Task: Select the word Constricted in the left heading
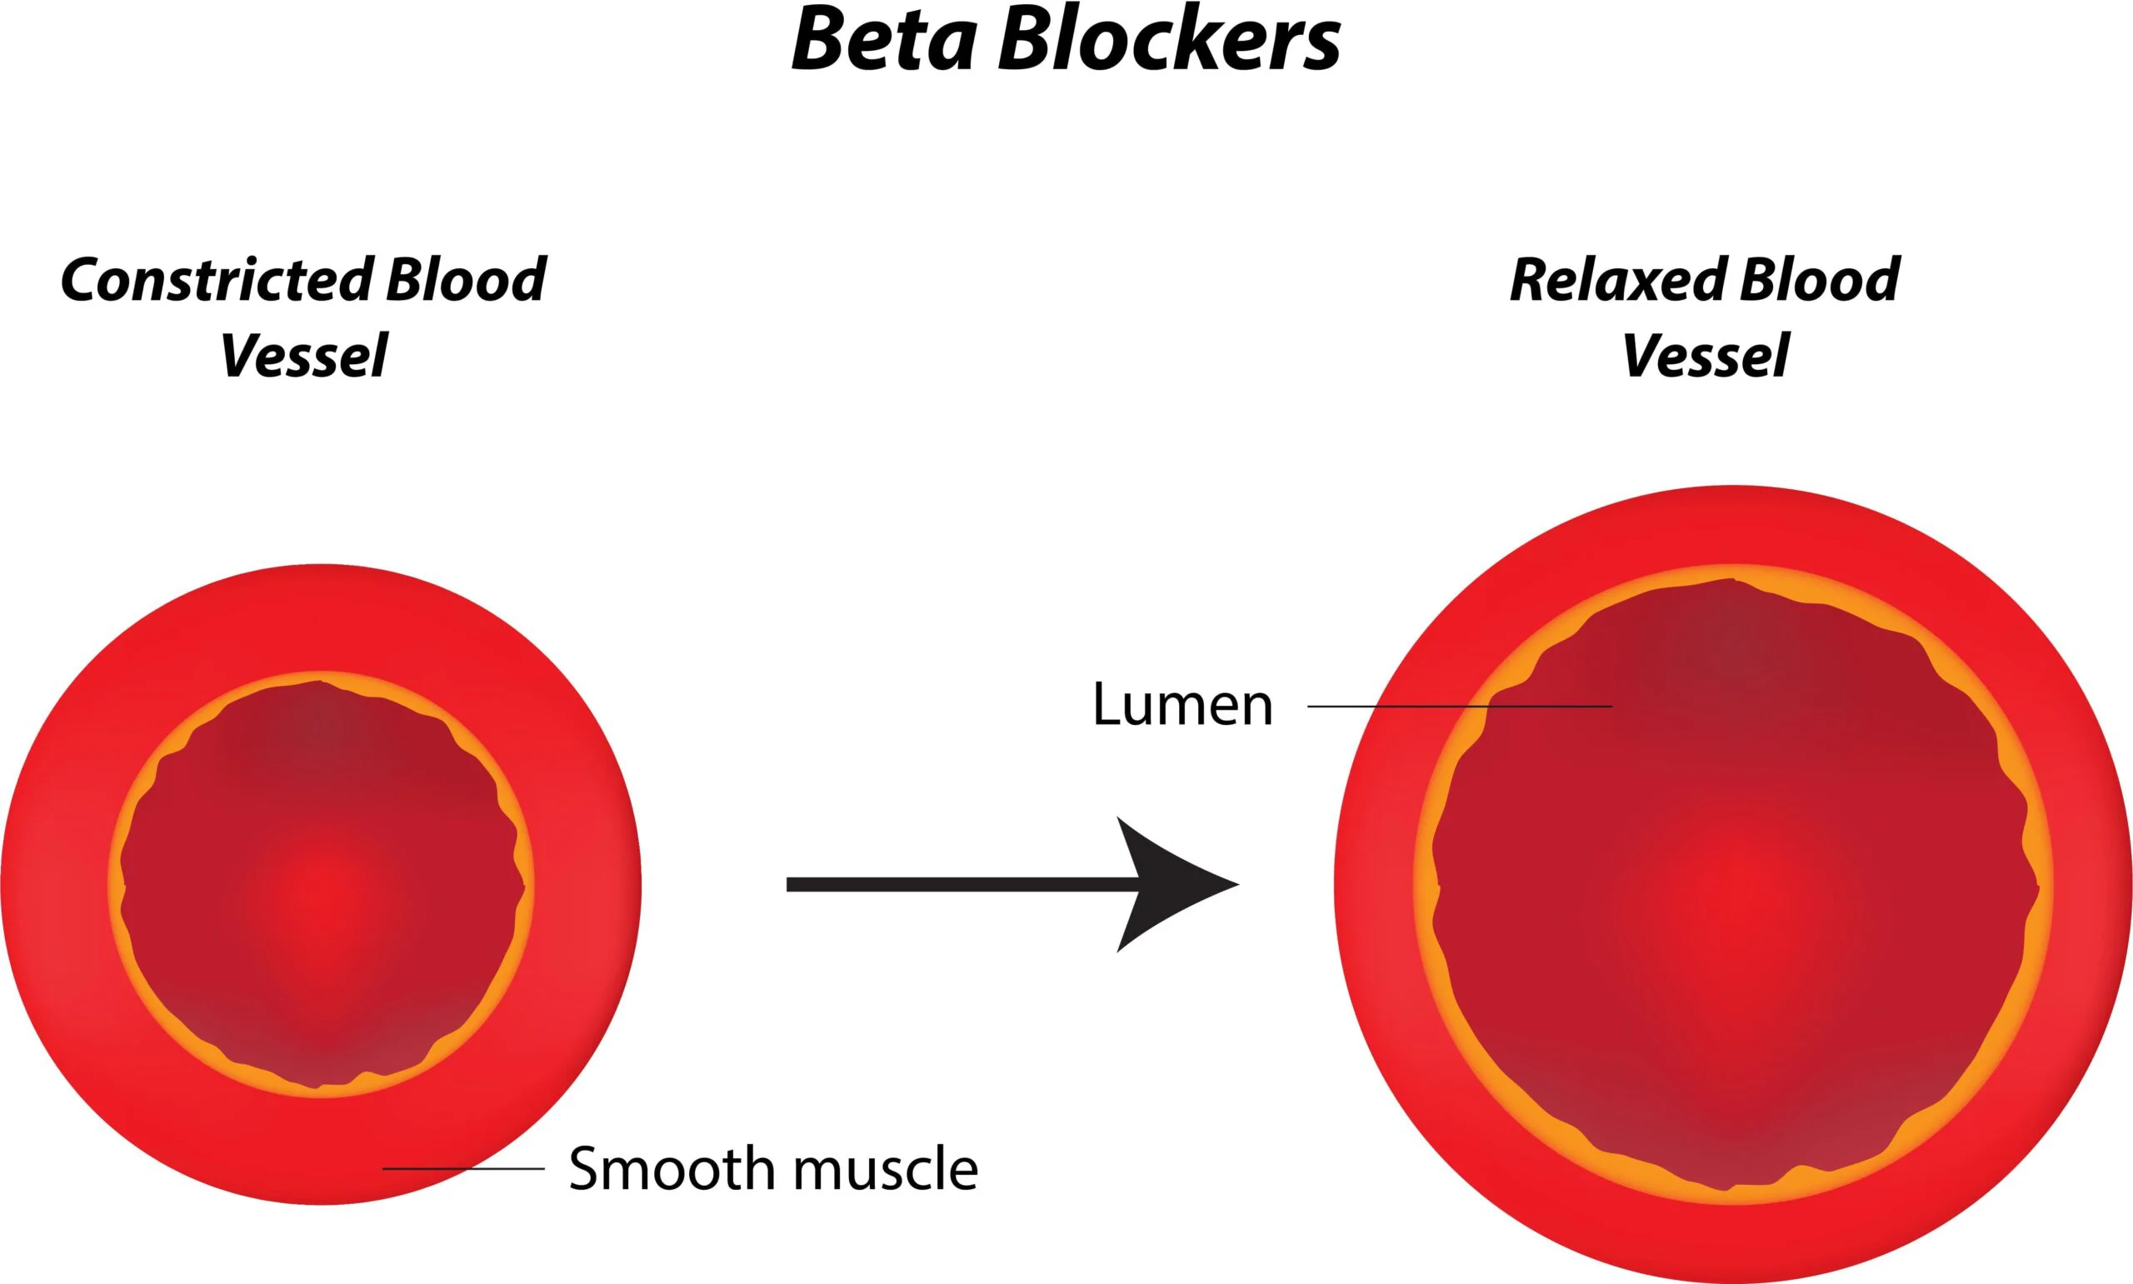[x=217, y=280]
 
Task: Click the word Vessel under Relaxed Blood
[x=1704, y=356]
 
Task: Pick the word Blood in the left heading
[x=466, y=280]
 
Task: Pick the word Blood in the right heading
[x=1820, y=280]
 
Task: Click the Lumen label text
[x=1181, y=704]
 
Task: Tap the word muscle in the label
[x=886, y=1169]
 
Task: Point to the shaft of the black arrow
[x=952, y=883]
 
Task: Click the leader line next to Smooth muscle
[x=462, y=1168]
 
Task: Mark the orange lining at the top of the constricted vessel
[x=322, y=677]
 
